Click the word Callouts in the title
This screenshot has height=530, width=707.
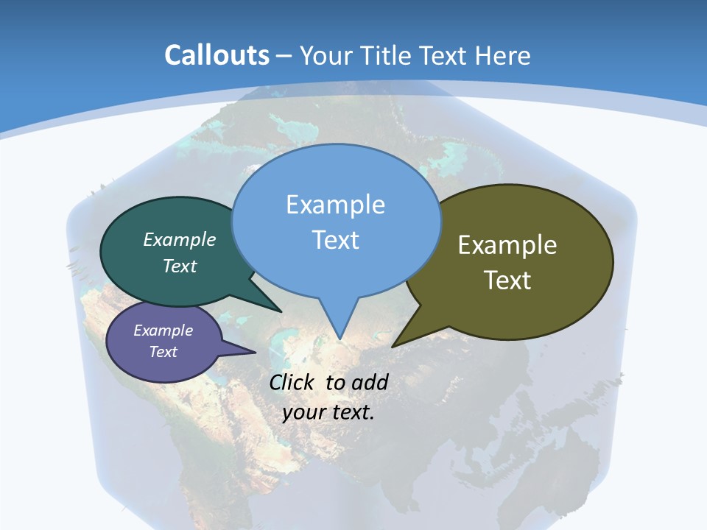point(217,56)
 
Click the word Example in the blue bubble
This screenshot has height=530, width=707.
point(335,205)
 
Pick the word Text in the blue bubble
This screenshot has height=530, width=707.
point(335,240)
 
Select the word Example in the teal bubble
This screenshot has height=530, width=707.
point(180,239)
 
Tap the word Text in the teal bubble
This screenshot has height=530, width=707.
point(180,266)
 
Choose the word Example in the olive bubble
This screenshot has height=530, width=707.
point(507,245)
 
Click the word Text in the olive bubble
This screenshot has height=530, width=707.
point(507,280)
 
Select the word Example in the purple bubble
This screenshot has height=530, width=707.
point(163,331)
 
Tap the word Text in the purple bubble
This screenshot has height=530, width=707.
point(163,352)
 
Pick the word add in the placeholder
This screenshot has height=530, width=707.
point(370,382)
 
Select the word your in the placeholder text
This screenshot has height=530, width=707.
point(303,412)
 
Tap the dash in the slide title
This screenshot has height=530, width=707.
point(284,56)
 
